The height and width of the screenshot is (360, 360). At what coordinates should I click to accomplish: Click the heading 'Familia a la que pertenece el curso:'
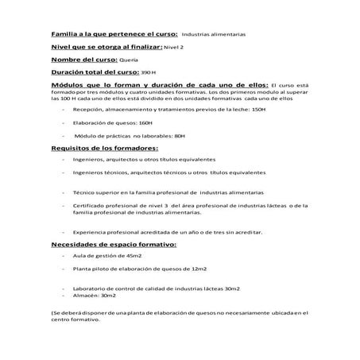coord(112,34)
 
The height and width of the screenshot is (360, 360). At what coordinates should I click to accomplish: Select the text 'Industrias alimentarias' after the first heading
coord(214,35)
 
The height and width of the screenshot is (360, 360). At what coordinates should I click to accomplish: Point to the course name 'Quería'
coord(127,60)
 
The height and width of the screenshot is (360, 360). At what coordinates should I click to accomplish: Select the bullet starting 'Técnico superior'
coord(170,193)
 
